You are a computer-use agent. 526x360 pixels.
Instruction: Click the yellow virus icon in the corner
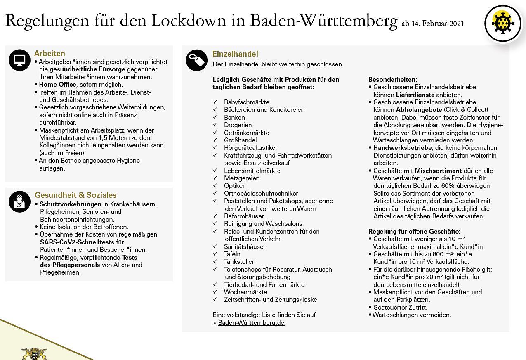[x=503, y=24]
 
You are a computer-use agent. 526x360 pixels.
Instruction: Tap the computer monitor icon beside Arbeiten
[x=19, y=60]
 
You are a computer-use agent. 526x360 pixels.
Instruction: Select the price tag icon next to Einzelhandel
[x=196, y=60]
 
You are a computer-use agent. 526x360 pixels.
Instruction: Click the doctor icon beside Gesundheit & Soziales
[x=19, y=201]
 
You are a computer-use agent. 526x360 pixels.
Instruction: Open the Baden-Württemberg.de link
[x=251, y=323]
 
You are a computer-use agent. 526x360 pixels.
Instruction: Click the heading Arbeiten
[x=50, y=54]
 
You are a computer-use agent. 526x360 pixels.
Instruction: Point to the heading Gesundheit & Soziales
[x=75, y=195]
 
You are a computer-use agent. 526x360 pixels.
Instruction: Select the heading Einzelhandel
[x=235, y=54]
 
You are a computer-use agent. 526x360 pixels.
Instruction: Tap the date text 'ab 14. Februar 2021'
[x=432, y=24]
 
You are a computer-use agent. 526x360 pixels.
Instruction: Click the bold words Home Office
[x=57, y=85]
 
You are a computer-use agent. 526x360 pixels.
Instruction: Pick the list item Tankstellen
[x=240, y=262]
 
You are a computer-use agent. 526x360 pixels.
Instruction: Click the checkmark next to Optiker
[x=215, y=186]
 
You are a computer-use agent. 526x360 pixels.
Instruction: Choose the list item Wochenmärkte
[x=245, y=292]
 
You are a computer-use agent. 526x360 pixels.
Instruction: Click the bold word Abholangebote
[x=419, y=110]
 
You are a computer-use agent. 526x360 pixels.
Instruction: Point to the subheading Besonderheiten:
[x=392, y=79]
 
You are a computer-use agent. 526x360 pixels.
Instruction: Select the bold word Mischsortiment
[x=438, y=171]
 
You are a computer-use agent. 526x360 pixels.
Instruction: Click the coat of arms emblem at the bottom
[x=34, y=354]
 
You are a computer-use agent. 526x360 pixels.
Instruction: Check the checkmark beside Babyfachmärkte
[x=215, y=102]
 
